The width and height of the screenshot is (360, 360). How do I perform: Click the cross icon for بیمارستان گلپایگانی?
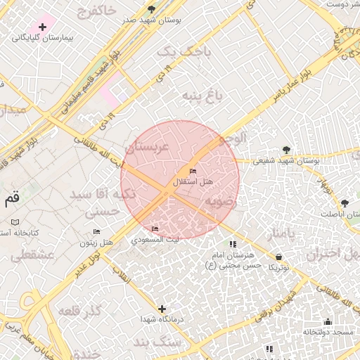point(43,27)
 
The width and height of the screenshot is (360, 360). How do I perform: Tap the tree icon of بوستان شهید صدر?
point(151,9)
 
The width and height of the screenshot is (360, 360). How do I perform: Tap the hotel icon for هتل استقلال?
point(193,172)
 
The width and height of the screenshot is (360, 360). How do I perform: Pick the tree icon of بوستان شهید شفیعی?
point(285,150)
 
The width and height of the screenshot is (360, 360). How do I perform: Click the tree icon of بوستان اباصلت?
point(345,203)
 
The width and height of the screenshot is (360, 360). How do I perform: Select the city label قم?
point(12,199)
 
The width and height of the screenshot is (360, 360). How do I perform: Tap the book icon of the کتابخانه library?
point(15,222)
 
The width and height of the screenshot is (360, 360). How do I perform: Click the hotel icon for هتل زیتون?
point(96,232)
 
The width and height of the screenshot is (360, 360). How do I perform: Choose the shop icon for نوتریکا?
point(280,257)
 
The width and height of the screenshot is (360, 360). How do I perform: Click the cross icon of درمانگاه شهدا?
point(162,309)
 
